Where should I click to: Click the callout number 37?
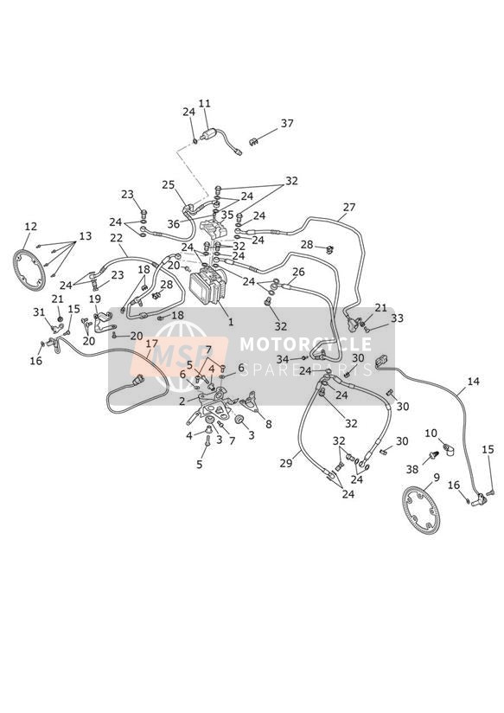pyautogui.click(x=287, y=123)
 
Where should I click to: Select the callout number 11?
pyautogui.click(x=205, y=104)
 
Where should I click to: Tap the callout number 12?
pyautogui.click(x=31, y=227)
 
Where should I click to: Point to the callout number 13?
pyautogui.click(x=85, y=236)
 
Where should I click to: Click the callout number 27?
pyautogui.click(x=349, y=208)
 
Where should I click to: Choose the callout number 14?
pyautogui.click(x=473, y=381)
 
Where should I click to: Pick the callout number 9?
pyautogui.click(x=437, y=477)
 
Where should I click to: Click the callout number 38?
pyautogui.click(x=411, y=469)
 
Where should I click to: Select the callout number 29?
pyautogui.click(x=286, y=463)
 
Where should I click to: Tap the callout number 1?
pyautogui.click(x=231, y=322)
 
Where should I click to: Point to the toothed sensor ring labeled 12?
pyautogui.click(x=29, y=270)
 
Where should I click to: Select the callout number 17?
pyautogui.click(x=152, y=344)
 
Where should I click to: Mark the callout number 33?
pyautogui.click(x=397, y=318)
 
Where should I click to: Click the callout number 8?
pyautogui.click(x=269, y=424)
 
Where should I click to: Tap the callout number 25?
pyautogui.click(x=169, y=184)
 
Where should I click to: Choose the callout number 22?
pyautogui.click(x=117, y=238)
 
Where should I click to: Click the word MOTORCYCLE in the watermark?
pyautogui.click(x=305, y=344)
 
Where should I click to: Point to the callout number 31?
pyautogui.click(x=39, y=312)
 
